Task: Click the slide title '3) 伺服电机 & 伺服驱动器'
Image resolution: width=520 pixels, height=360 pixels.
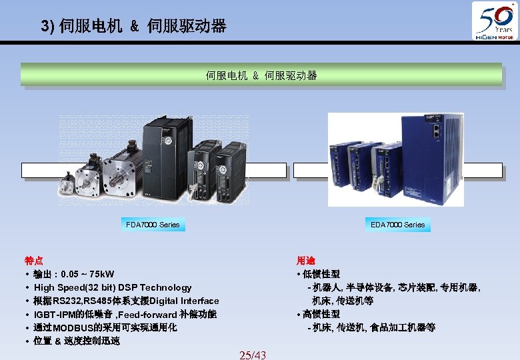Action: coord(133,27)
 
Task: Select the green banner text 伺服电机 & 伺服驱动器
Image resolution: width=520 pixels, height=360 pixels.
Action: coord(261,75)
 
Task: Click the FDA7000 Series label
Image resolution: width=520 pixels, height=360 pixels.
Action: coord(153,225)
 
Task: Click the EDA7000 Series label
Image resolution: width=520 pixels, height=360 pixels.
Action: coord(397,225)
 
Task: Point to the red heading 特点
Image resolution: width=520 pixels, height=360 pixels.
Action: coord(34,261)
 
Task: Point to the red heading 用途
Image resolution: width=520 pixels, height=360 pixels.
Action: coord(306,261)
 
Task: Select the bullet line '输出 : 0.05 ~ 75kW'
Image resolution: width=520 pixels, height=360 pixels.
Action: coord(73,274)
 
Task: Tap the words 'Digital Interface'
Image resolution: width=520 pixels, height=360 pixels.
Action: coord(185,301)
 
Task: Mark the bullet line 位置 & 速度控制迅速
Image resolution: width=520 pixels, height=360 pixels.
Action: coord(77,341)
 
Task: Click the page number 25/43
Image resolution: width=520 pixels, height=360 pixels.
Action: coord(253,355)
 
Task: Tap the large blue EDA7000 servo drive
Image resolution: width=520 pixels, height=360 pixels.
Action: coord(432,157)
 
